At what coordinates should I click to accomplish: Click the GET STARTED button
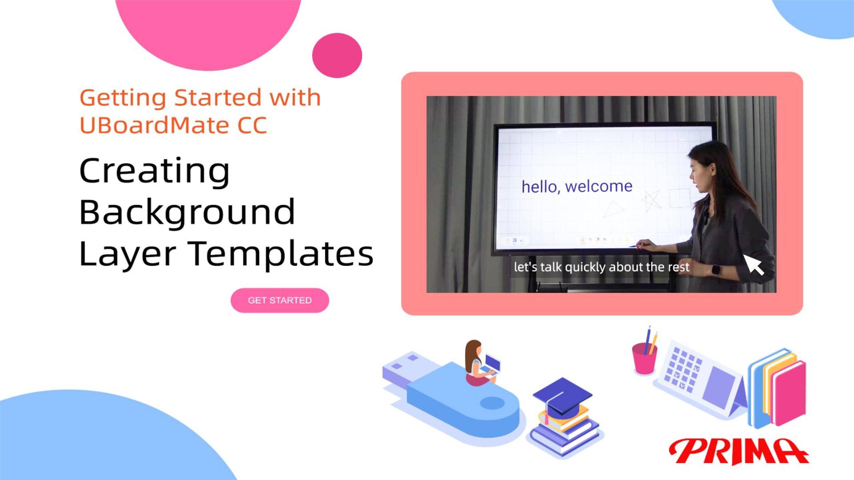[x=280, y=300]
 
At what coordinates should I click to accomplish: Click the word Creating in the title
[x=154, y=171]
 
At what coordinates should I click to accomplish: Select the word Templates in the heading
[x=282, y=254]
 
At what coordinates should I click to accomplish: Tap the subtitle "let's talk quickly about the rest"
[x=601, y=267]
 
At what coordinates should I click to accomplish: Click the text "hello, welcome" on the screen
[x=577, y=186]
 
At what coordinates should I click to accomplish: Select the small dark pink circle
[x=337, y=55]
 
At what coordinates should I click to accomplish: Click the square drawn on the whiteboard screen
[x=680, y=198]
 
